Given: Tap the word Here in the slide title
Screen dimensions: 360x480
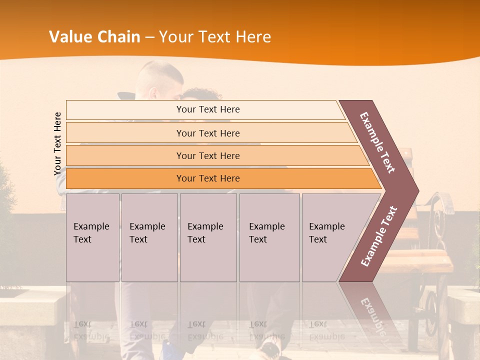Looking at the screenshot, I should coord(252,37).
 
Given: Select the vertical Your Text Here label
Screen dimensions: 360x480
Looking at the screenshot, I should coord(57,143).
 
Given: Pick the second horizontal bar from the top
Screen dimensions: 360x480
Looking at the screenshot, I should coord(208,133).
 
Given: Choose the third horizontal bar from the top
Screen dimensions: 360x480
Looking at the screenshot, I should coord(208,155).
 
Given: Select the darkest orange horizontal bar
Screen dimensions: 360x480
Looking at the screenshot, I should coord(208,178).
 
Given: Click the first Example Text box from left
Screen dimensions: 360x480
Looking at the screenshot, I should coord(92,237).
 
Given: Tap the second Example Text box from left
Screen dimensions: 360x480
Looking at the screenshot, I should coord(149,237).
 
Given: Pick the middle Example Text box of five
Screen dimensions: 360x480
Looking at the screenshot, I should coord(208,237).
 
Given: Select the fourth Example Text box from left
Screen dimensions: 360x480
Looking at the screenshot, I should coord(269,237).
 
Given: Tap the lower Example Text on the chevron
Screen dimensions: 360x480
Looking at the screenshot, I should coord(379,236).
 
